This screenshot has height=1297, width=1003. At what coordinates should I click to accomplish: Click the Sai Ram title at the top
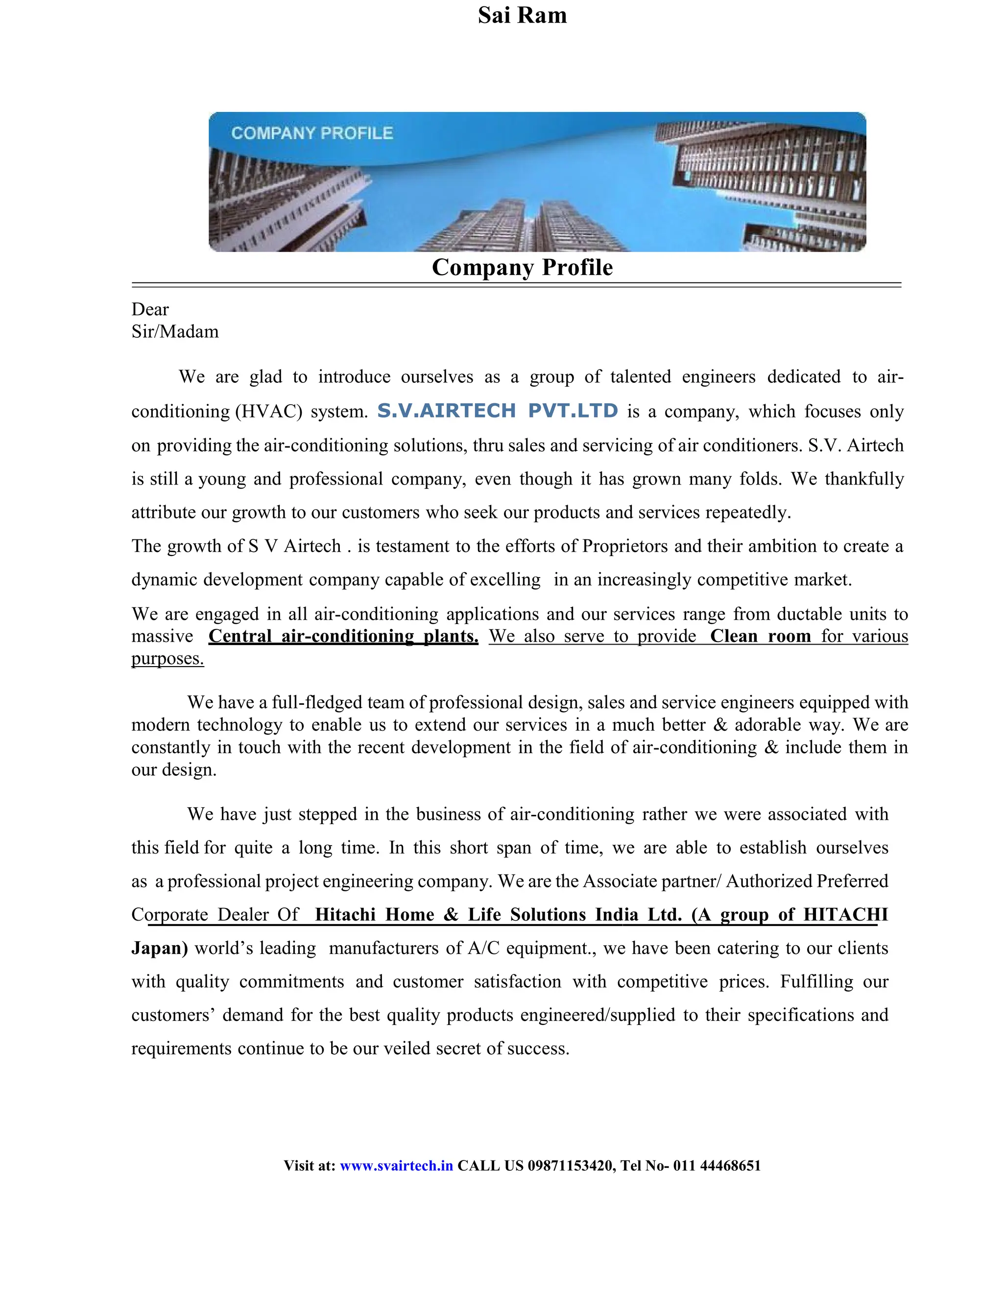point(522,16)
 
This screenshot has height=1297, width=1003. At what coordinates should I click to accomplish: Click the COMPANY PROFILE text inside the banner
point(312,133)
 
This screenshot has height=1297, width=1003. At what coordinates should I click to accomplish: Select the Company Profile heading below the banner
point(522,267)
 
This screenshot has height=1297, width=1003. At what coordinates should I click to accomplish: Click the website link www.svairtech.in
point(396,1165)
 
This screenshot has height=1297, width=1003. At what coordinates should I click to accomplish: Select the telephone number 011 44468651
point(716,1165)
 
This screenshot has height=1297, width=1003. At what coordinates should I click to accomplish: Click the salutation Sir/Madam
point(175,331)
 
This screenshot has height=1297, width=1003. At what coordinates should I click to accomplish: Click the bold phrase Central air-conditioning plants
point(343,636)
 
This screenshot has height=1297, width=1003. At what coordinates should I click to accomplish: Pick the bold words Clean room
point(760,636)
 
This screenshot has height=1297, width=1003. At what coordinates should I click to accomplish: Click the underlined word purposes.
point(167,659)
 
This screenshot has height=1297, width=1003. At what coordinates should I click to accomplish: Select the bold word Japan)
point(159,948)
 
